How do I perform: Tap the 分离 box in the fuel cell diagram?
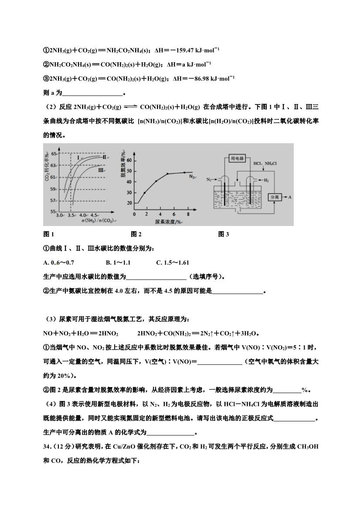[x=275, y=197]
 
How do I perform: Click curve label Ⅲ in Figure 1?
[x=100, y=171]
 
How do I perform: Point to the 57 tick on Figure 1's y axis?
[x=54, y=200]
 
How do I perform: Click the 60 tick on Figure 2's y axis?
[x=129, y=160]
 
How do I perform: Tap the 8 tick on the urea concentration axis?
[x=188, y=215]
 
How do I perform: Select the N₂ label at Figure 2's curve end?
[x=192, y=176]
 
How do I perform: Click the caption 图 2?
[x=136, y=235]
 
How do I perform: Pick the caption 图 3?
[x=223, y=235]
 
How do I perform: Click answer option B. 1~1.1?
[x=118, y=263]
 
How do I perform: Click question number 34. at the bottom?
[x=49, y=447]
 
